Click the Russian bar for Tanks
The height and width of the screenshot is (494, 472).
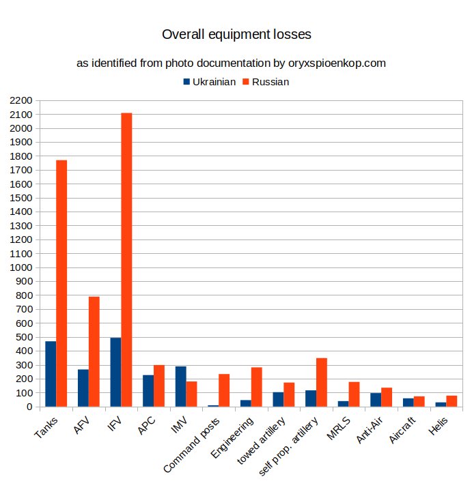(x=61, y=283)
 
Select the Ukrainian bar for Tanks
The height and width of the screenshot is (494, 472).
(x=51, y=374)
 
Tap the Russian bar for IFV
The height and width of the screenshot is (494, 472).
(x=126, y=259)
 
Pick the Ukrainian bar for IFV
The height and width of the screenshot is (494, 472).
(x=115, y=373)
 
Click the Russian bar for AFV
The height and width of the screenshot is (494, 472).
(x=94, y=351)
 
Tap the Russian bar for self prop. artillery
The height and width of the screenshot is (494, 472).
(x=322, y=382)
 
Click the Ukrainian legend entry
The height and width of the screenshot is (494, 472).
(x=209, y=82)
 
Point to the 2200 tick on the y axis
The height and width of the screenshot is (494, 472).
(x=21, y=100)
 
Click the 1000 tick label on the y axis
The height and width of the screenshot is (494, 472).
(x=21, y=267)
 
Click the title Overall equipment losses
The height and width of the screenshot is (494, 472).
(x=236, y=33)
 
